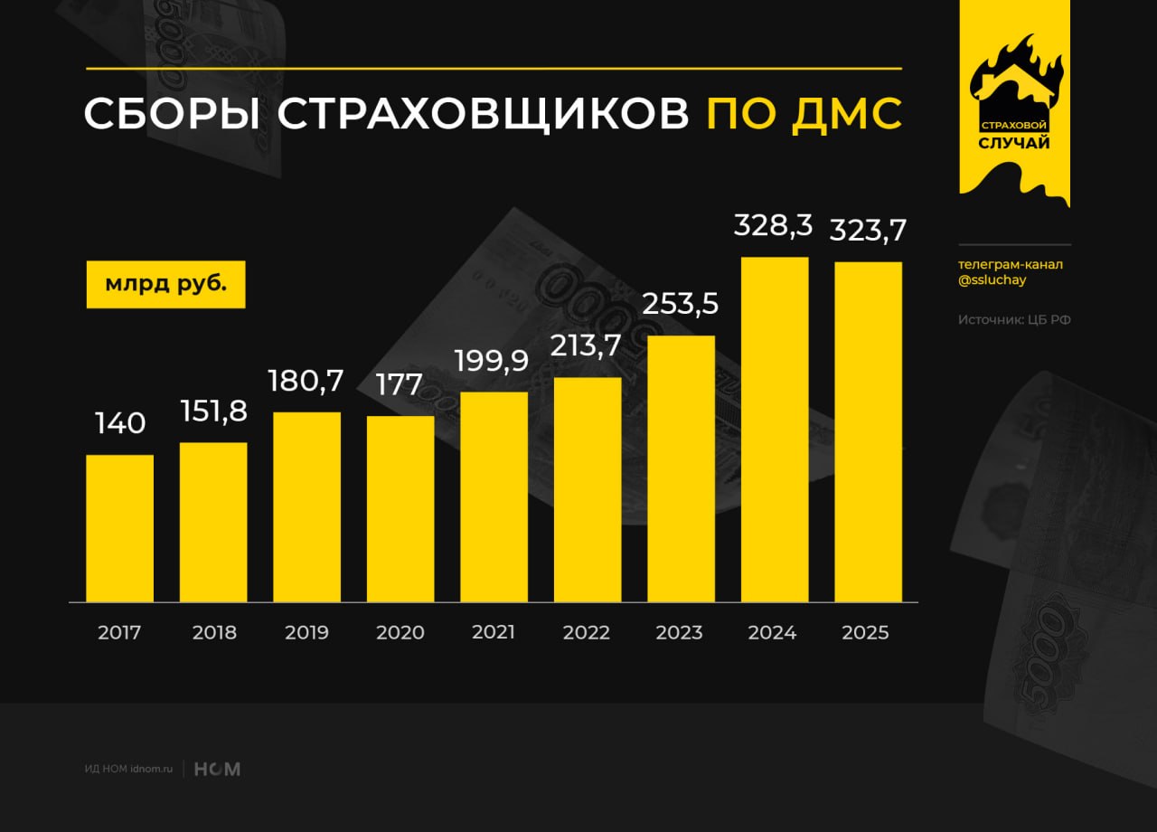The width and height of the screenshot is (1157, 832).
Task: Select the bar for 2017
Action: point(119,528)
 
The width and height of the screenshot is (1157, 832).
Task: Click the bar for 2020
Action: point(400,509)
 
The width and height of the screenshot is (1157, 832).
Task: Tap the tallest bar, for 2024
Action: point(775,430)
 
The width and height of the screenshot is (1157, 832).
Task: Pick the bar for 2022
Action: point(588,489)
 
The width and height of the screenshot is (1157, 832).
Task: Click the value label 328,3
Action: point(774,225)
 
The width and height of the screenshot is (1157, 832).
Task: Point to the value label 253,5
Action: point(681,304)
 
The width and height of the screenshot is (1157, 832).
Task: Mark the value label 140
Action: point(120,423)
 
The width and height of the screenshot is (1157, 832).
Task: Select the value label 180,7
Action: point(306,381)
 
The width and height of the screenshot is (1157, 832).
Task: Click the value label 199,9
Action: point(494,360)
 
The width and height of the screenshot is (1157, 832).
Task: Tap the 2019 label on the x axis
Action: point(306,632)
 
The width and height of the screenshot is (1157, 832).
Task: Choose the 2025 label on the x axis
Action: point(865,632)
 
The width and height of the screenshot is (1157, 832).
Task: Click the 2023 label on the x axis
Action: point(679,632)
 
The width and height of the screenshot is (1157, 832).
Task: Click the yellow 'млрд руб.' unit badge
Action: point(165,284)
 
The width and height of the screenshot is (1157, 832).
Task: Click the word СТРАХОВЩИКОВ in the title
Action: point(483,114)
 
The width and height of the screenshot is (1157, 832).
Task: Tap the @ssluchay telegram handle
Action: point(992,280)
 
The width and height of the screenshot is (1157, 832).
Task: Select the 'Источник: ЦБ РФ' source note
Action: point(1014,319)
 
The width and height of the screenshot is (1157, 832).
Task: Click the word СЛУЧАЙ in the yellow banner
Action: point(1014,143)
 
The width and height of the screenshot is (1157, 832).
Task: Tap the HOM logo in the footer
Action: point(218,770)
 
